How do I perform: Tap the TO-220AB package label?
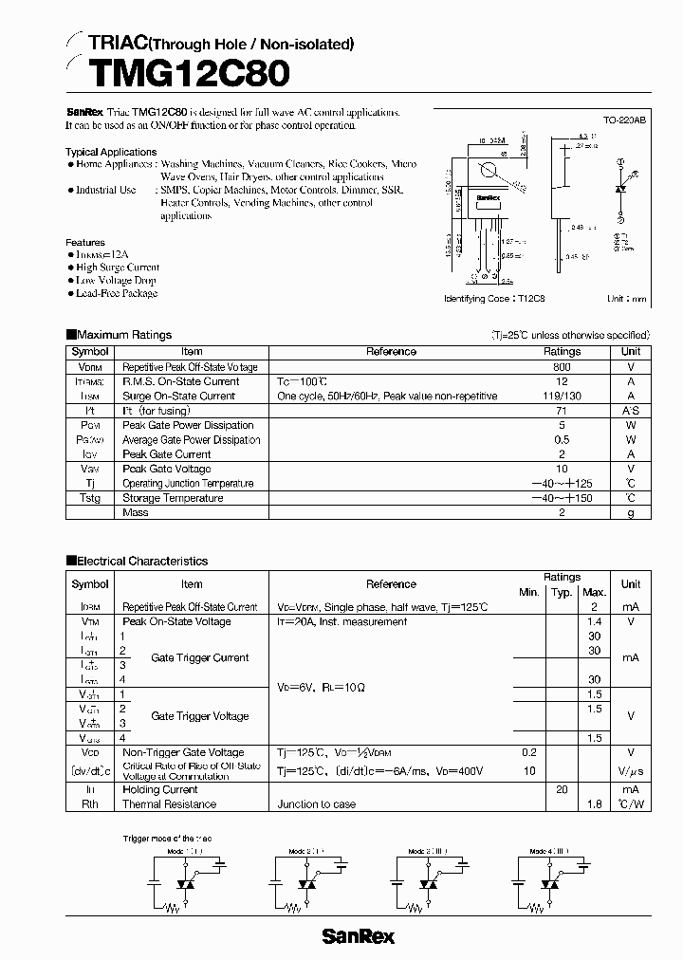click(624, 121)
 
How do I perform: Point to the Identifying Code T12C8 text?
click(495, 298)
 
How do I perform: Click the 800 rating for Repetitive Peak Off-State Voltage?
click(562, 367)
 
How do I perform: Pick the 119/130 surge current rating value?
click(562, 396)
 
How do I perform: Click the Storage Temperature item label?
click(173, 498)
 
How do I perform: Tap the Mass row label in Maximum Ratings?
click(136, 512)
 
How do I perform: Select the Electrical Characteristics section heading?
click(141, 561)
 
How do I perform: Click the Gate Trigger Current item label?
click(199, 657)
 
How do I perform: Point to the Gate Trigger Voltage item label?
click(199, 716)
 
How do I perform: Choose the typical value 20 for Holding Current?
click(562, 789)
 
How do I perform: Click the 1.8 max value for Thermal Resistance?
click(595, 804)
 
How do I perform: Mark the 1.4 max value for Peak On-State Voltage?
click(595, 621)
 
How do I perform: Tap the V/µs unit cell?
click(631, 771)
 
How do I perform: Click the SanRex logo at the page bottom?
click(358, 937)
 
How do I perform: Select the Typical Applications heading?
click(111, 152)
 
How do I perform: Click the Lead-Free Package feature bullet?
click(116, 293)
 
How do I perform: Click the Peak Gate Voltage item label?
click(167, 469)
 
